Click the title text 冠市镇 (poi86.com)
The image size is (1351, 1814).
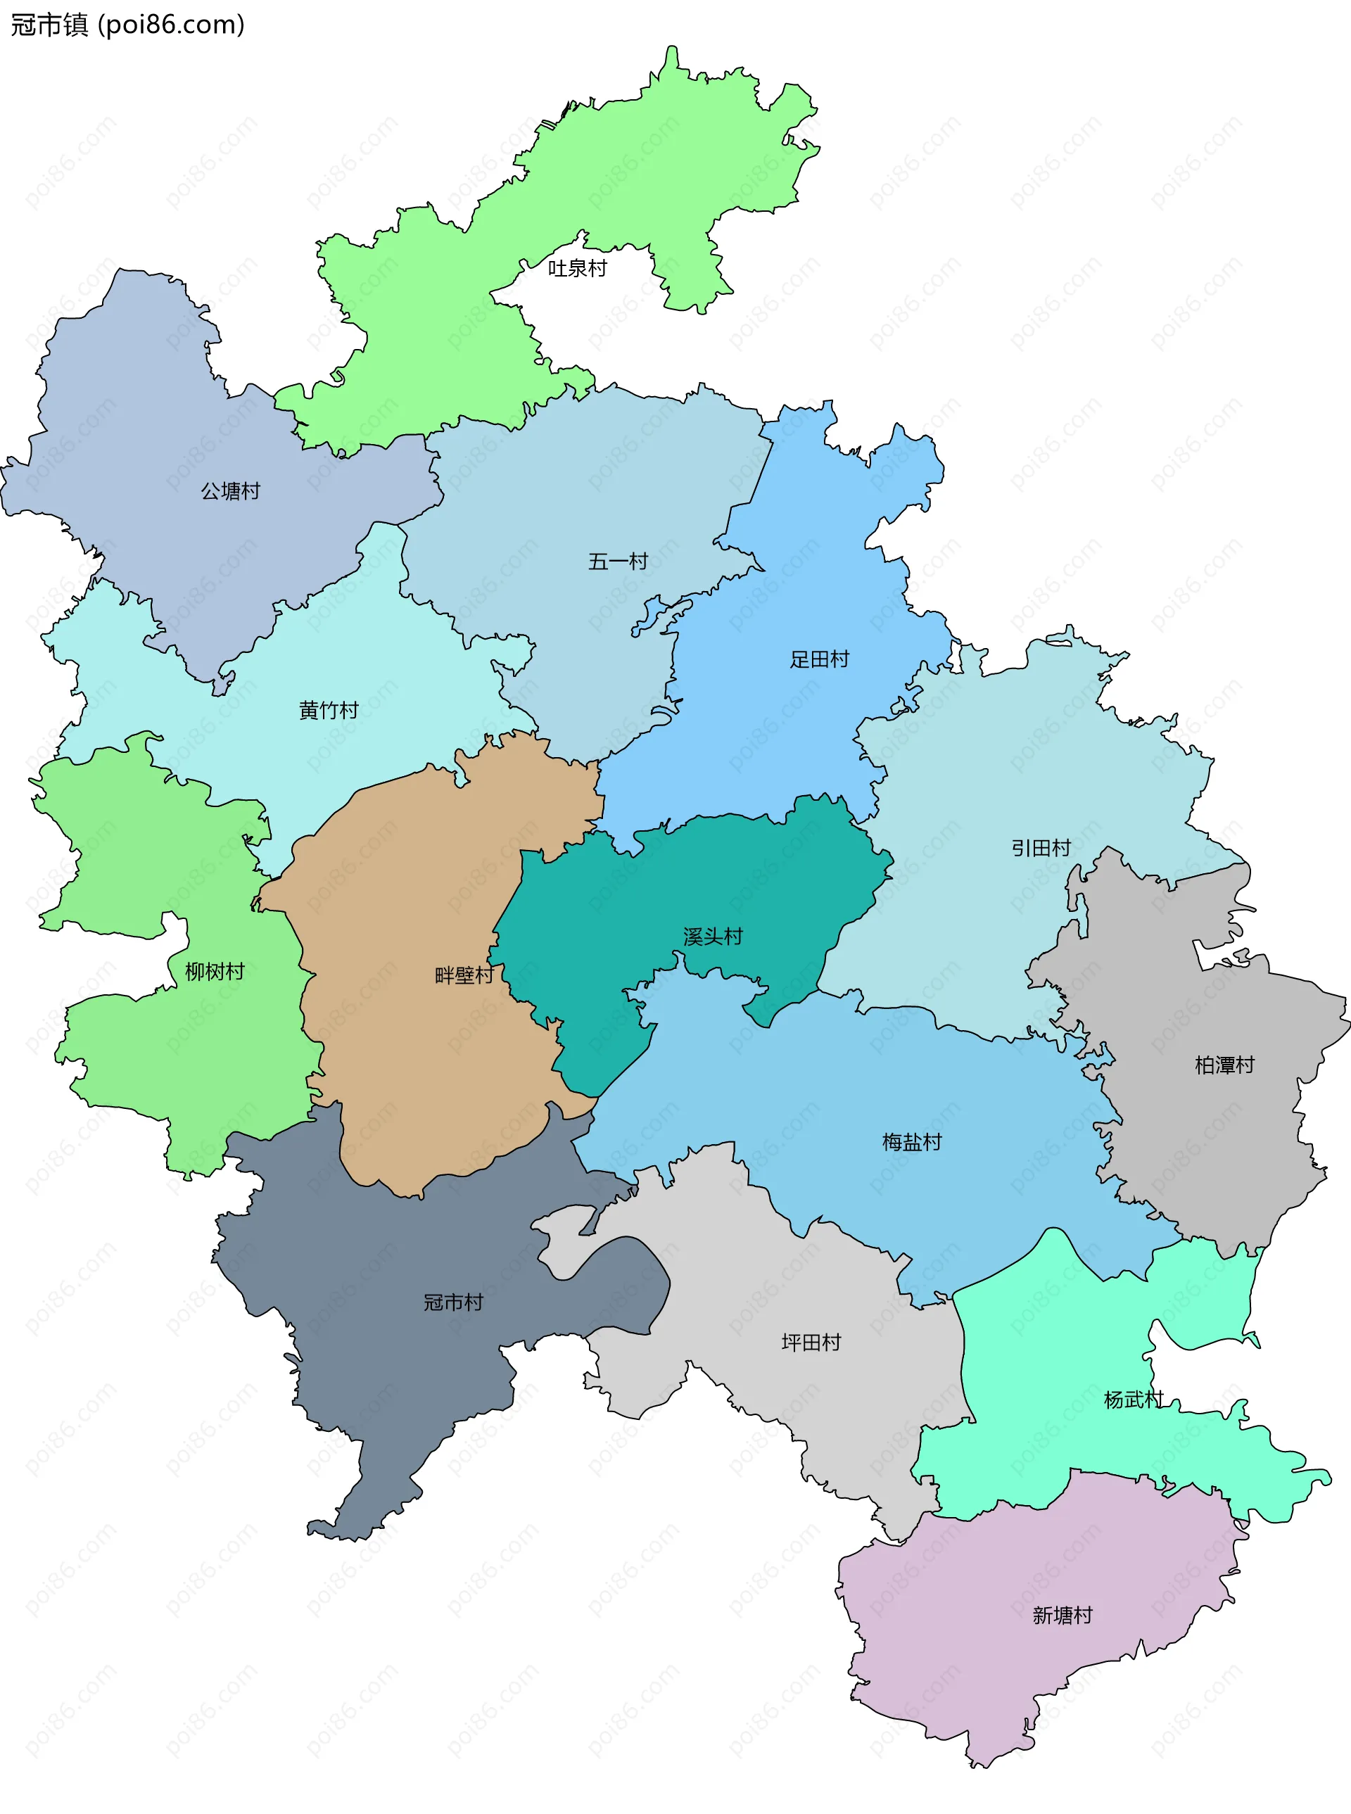pos(127,25)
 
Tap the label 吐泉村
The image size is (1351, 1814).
pos(578,268)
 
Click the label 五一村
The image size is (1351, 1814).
pos(619,561)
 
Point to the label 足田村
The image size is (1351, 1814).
pos(820,659)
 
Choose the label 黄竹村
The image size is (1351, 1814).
pos(329,710)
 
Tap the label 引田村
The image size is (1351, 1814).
pos(1041,848)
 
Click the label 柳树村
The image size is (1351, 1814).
pos(215,972)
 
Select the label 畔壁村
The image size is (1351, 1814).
pos(464,975)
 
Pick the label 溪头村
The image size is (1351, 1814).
pos(713,937)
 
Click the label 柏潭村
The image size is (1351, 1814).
pos(1224,1065)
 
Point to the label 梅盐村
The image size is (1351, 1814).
pos(912,1142)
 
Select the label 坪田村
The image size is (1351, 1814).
pos(811,1342)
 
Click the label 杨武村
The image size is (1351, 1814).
pos(1134,1400)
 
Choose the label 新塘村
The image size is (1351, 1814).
pos(1063,1616)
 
